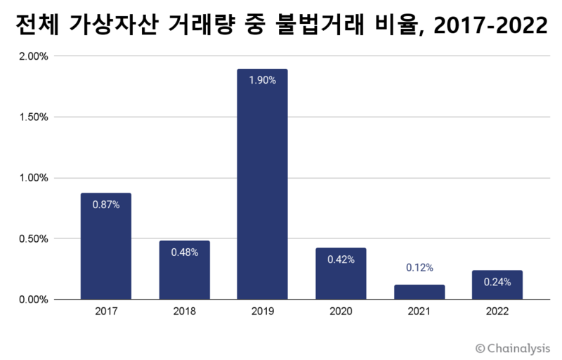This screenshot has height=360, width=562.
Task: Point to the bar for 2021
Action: coord(419,292)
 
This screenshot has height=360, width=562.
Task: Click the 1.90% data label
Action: coord(262,80)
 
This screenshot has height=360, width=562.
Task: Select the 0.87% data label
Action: coord(105,205)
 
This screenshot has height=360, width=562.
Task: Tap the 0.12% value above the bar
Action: coord(419,268)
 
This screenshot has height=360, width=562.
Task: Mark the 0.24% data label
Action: coord(497,282)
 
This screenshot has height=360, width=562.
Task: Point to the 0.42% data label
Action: coord(341,259)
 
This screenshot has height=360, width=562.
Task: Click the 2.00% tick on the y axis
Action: coord(34,56)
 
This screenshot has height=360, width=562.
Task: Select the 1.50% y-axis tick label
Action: coord(34,117)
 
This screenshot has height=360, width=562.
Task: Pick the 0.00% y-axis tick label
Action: coord(34,300)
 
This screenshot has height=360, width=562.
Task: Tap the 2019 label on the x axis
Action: coord(262,310)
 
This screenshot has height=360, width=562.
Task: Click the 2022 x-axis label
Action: coord(497,310)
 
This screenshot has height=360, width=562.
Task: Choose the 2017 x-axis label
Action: coord(105,310)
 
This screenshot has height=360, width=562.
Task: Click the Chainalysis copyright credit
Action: coord(513,347)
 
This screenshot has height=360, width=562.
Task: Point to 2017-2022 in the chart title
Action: coord(490,26)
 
